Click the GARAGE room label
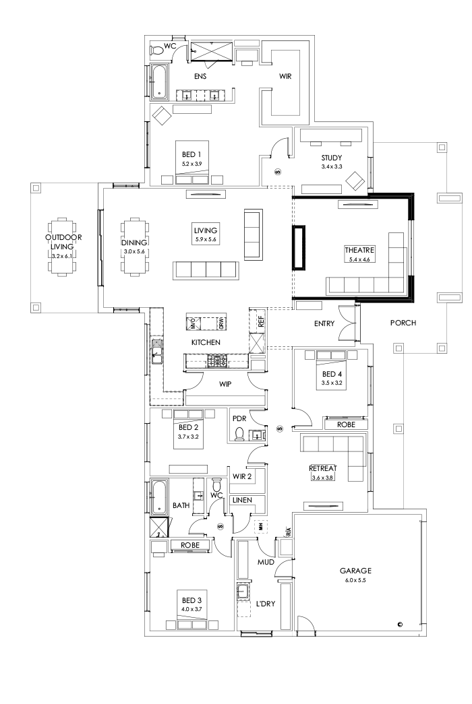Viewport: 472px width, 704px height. pyautogui.click(x=355, y=571)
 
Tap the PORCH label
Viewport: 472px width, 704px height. pyautogui.click(x=403, y=323)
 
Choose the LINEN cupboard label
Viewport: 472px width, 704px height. pyautogui.click(x=243, y=500)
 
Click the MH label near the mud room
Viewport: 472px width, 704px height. pyautogui.click(x=260, y=525)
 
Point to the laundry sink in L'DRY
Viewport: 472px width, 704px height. pyautogui.click(x=243, y=594)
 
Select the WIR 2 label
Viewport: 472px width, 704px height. pyautogui.click(x=242, y=477)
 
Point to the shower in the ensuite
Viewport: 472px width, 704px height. pyautogui.click(x=210, y=51)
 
